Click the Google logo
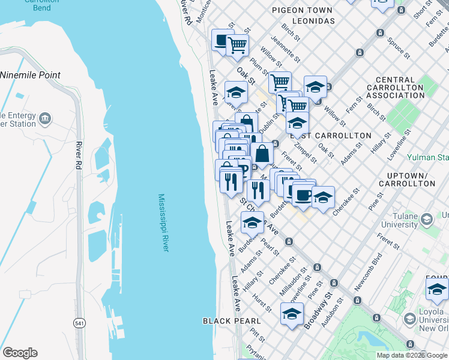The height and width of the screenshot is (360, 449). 20,353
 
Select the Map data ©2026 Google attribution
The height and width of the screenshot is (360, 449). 412,355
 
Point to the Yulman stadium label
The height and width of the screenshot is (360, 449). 436,157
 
